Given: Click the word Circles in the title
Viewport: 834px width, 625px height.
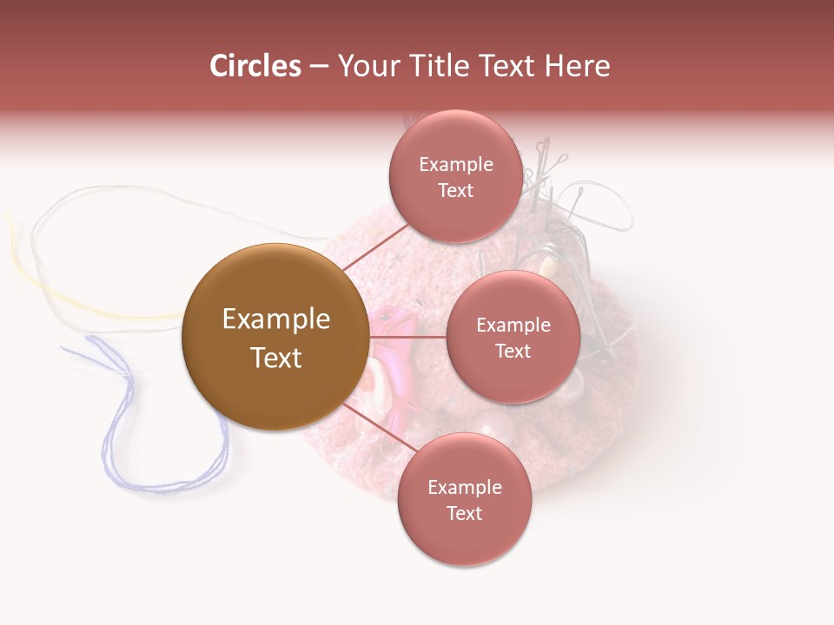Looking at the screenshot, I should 255,66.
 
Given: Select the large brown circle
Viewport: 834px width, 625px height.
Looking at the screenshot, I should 275,337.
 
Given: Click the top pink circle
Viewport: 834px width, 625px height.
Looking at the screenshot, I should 456,177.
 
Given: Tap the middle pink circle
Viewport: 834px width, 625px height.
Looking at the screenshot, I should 513,337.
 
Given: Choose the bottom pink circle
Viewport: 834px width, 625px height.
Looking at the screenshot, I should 464,499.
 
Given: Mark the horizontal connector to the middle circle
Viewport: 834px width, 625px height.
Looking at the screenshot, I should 408,337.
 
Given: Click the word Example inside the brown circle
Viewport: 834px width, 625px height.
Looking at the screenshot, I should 275,319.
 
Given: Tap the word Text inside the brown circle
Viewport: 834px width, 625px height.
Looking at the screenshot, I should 275,357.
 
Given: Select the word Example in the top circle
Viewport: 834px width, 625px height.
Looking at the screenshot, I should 456,164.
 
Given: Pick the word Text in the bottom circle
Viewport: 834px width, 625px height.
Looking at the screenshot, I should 464,513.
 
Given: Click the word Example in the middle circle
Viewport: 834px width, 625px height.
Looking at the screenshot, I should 513,325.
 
